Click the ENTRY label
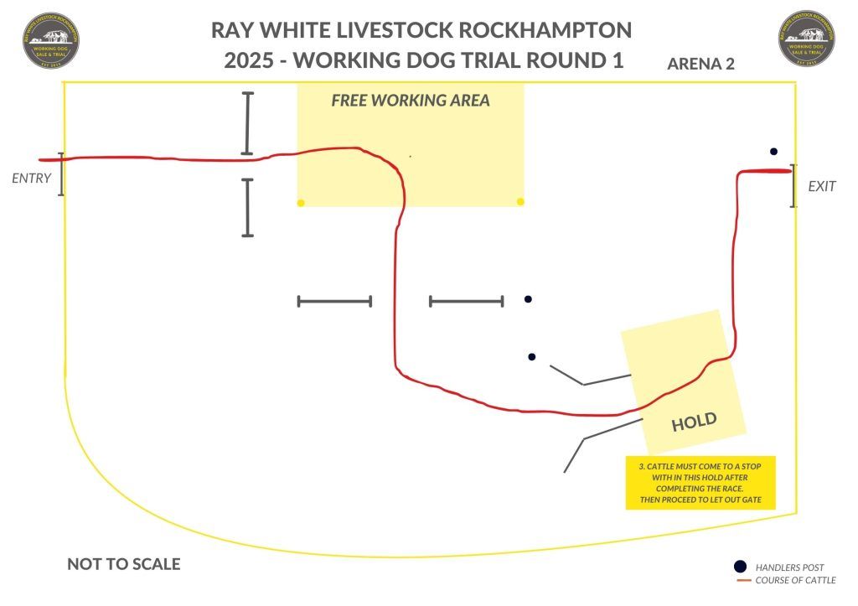(x=31, y=179)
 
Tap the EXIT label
(x=821, y=186)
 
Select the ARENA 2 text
(x=700, y=64)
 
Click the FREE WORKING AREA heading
(x=410, y=101)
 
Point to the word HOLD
(x=695, y=422)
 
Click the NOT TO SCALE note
(x=123, y=564)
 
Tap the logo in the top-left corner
(x=52, y=39)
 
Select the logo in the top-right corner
(x=809, y=39)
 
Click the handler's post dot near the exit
(x=773, y=152)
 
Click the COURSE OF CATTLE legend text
(x=795, y=581)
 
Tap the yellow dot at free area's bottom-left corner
(x=301, y=203)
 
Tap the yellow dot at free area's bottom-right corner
(x=521, y=202)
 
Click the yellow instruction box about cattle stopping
(x=700, y=482)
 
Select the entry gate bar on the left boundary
(x=61, y=174)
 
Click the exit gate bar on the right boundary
(x=793, y=186)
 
